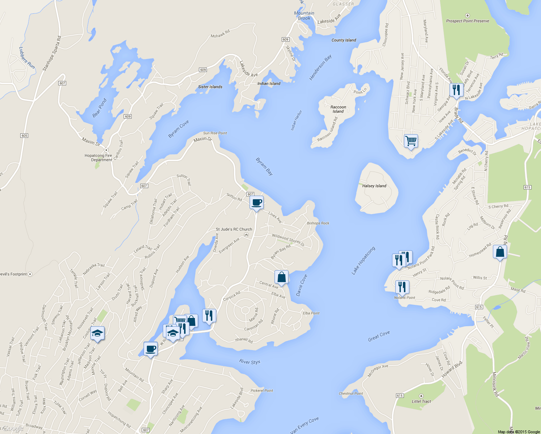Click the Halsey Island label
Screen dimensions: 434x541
374,186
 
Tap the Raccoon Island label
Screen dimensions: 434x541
338,109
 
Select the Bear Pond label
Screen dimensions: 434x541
99,108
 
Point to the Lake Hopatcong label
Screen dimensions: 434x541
363,261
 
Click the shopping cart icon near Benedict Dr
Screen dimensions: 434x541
411,140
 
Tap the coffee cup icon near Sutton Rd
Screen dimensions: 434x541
256,202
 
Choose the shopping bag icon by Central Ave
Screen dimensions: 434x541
281,277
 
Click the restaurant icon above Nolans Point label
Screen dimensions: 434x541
402,287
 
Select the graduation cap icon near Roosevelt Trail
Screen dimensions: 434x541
97,333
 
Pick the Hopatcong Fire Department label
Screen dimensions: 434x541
98,158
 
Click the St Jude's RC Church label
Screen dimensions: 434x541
234,229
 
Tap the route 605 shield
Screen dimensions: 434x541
24,136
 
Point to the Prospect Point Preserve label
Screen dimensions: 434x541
468,21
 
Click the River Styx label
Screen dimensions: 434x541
250,362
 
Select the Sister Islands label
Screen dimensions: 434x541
210,87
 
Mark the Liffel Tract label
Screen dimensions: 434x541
421,401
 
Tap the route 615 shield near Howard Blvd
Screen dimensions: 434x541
400,396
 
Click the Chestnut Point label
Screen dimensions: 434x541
351,393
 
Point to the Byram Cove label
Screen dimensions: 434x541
179,129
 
